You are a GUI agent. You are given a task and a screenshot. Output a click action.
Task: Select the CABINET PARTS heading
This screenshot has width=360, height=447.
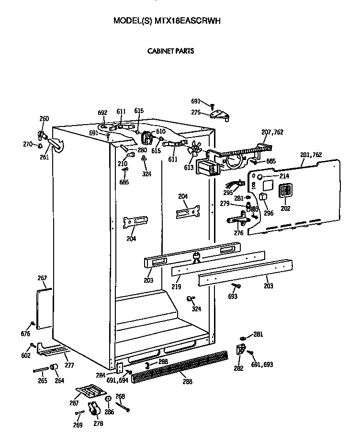click(x=170, y=50)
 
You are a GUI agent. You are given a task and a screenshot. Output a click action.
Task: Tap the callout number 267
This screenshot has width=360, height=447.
click(x=42, y=278)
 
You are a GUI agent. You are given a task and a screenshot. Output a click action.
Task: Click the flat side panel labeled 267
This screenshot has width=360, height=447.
click(x=44, y=309)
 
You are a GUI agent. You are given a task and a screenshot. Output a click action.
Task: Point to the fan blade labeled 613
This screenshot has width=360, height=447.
click(x=193, y=149)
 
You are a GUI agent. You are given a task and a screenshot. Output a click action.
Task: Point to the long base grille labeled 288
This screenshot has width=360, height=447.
click(x=180, y=365)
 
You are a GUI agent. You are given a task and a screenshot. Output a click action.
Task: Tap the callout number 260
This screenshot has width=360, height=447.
click(x=44, y=119)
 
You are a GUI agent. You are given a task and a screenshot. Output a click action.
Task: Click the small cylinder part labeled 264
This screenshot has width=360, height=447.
click(x=54, y=367)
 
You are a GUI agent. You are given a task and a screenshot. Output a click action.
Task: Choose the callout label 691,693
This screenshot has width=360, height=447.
click(x=262, y=365)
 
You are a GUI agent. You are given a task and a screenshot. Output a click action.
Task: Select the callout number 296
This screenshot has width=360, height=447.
click(x=269, y=213)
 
